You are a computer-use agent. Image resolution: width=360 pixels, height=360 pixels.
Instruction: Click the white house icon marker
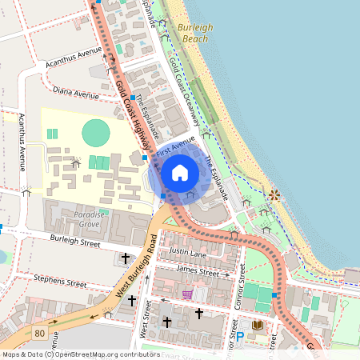180,172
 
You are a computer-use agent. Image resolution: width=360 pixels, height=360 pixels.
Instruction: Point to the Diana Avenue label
75,94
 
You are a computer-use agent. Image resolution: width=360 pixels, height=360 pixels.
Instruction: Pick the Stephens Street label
60,282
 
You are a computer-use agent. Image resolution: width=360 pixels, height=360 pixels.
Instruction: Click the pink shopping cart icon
186,294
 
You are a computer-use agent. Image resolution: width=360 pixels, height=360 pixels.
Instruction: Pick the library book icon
258,326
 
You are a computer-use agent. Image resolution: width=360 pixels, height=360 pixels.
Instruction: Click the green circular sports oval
95,131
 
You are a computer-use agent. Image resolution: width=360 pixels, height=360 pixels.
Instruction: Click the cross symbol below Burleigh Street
125,258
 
